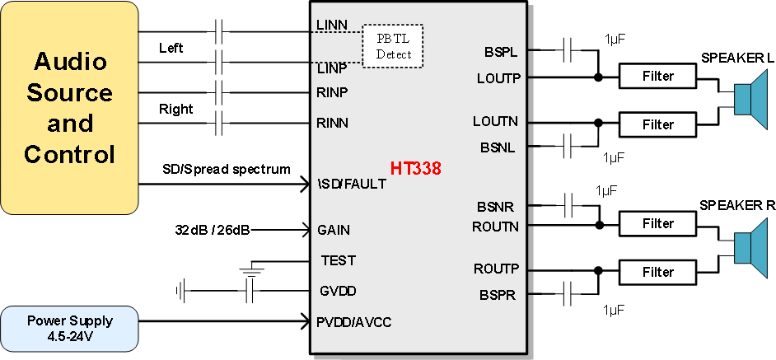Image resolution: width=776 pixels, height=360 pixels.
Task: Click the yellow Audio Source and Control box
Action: (x=69, y=108)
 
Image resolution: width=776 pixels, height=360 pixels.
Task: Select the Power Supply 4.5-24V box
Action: (x=69, y=328)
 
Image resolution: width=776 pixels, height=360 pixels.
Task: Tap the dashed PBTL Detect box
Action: (x=393, y=46)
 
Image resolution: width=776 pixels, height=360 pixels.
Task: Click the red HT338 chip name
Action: (x=415, y=169)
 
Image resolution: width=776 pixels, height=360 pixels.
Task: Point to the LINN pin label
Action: (x=331, y=25)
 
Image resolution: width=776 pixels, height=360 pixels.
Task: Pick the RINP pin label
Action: (x=332, y=92)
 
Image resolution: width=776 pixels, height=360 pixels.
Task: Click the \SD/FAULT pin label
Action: (x=351, y=184)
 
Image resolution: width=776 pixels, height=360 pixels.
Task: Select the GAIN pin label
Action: (x=334, y=230)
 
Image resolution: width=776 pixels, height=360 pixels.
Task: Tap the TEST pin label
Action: (x=338, y=260)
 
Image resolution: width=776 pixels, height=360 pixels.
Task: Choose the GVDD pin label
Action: (x=338, y=291)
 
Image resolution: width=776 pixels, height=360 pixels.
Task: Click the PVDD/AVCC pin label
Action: (x=353, y=321)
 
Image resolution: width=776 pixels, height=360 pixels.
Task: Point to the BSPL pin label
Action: (x=501, y=52)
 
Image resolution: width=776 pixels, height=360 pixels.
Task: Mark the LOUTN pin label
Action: (x=495, y=121)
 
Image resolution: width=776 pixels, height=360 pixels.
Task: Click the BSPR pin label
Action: (x=498, y=294)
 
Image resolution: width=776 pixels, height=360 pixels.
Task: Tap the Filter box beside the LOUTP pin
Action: (x=657, y=77)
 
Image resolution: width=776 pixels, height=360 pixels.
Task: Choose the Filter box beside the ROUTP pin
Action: (x=657, y=273)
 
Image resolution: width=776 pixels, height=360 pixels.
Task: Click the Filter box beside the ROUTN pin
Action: (x=657, y=223)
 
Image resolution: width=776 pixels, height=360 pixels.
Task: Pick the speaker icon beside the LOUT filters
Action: (x=750, y=100)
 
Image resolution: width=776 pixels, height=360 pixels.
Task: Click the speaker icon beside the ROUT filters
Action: (x=750, y=247)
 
